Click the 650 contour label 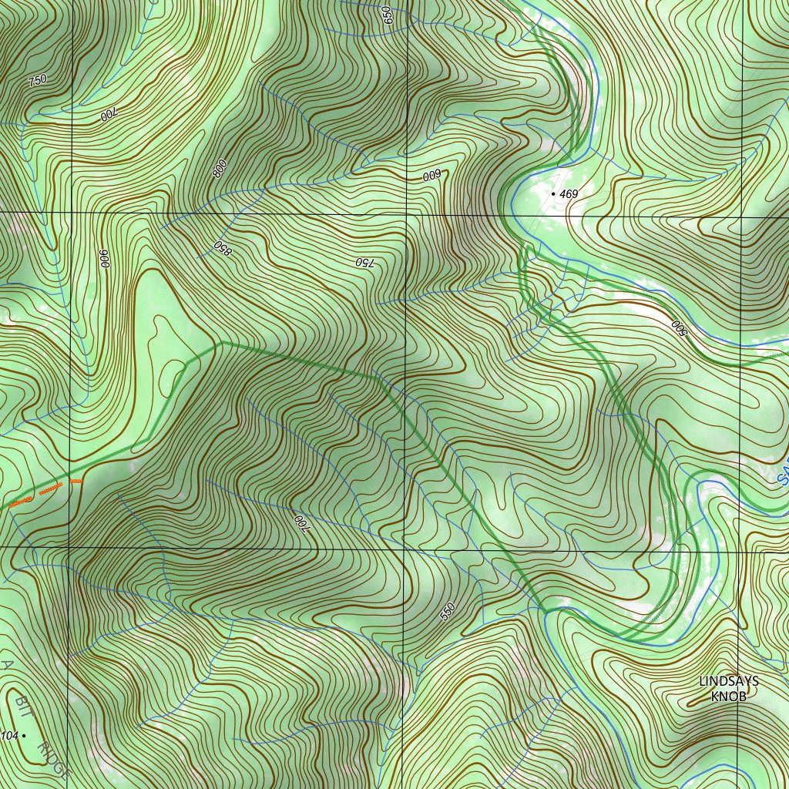pyautogui.click(x=388, y=15)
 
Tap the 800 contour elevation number pyautogui.click(x=220, y=168)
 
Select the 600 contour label pyautogui.click(x=431, y=176)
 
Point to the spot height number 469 pyautogui.click(x=569, y=194)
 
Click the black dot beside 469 pyautogui.click(x=553, y=193)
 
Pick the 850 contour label pyautogui.click(x=223, y=248)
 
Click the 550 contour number pyautogui.click(x=448, y=611)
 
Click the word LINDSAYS pyautogui.click(x=728, y=681)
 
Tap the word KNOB pyautogui.click(x=728, y=697)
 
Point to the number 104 pyautogui.click(x=8, y=736)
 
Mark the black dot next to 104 pyautogui.click(x=24, y=736)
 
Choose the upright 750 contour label pyautogui.click(x=36, y=80)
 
